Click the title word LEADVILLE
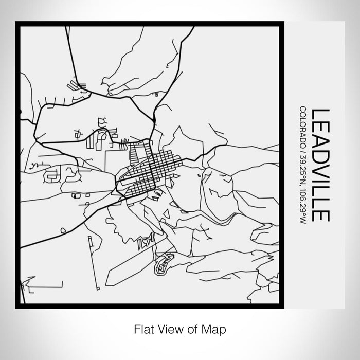tap(321, 165)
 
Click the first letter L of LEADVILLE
tap(321, 115)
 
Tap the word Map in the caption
tap(215, 328)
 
